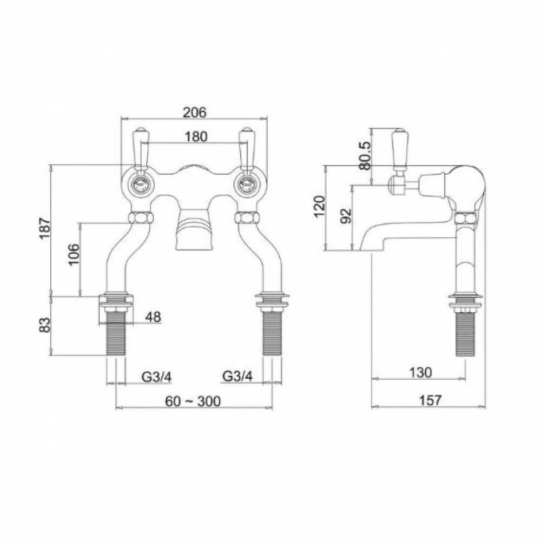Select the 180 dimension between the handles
[x=195, y=137]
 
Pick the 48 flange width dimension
[x=153, y=318]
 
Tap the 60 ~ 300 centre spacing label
[x=193, y=401]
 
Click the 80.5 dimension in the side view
[x=366, y=156]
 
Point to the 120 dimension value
[x=320, y=207]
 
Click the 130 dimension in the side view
[x=420, y=373]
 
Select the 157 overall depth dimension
[x=430, y=400]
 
